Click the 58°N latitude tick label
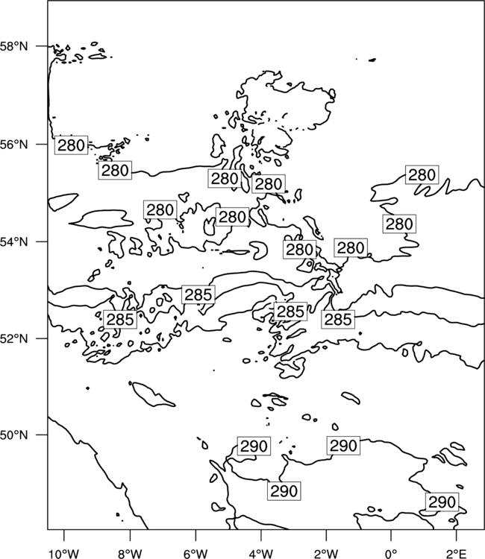[14, 46]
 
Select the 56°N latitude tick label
[14, 145]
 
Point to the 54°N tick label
[14, 241]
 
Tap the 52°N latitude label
[14, 338]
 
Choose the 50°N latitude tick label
[14, 435]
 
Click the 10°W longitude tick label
[64, 554]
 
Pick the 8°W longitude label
[130, 554]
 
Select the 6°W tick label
[195, 554]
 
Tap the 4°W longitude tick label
[260, 554]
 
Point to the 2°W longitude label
[326, 554]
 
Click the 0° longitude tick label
[391, 554]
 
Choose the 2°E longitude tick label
[456, 554]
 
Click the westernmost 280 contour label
[71, 145]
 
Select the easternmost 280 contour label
[422, 174]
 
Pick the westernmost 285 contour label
[120, 319]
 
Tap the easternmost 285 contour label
[338, 319]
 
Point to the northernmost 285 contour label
[198, 294]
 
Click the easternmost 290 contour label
[442, 502]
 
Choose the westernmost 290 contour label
[254, 446]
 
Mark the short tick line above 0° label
[391, 534]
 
